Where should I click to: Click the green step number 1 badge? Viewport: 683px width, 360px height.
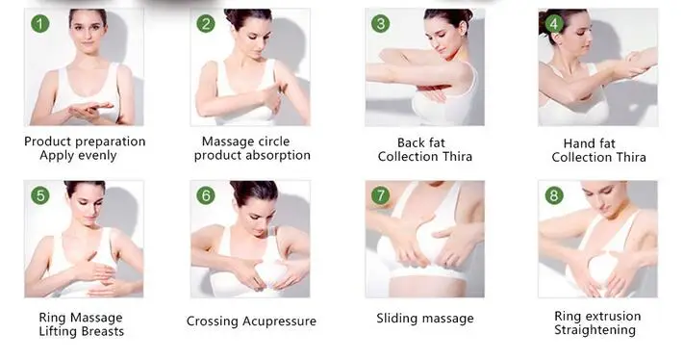coord(40,23)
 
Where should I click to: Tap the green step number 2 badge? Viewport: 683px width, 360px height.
coord(206,23)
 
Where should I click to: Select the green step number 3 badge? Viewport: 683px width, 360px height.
coord(380,23)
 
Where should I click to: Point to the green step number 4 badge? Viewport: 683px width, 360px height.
coord(554,23)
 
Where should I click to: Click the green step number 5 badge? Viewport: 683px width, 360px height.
coord(40,195)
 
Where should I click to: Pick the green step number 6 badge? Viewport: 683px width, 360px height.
coord(206,195)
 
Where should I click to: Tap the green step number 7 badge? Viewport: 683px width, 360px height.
coord(380,195)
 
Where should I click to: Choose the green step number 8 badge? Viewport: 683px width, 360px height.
coord(554,195)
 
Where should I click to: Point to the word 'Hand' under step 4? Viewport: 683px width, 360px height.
coord(577,143)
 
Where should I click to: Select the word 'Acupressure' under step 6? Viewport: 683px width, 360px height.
coord(279,321)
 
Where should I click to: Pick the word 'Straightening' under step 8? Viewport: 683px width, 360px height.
coord(595,330)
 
